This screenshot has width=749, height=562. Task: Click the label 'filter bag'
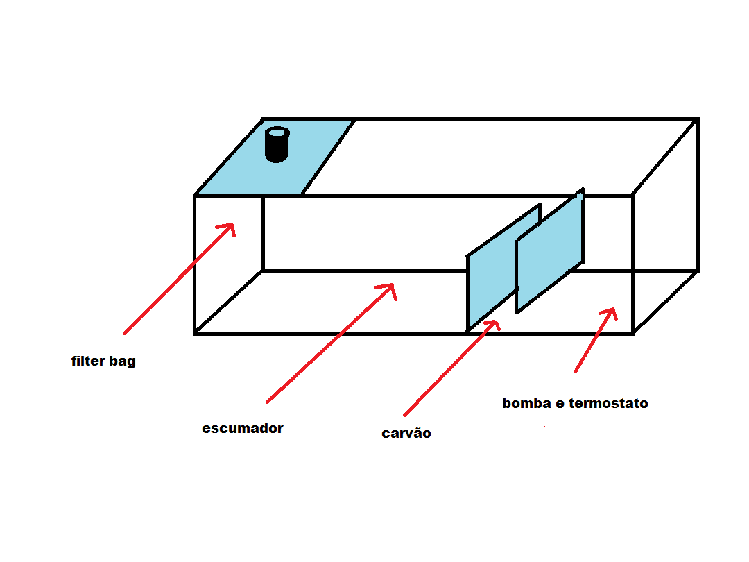[x=103, y=361]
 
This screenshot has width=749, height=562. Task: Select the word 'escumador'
[x=243, y=428]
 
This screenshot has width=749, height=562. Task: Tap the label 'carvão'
[x=406, y=434]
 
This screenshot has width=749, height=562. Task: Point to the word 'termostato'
[x=608, y=403]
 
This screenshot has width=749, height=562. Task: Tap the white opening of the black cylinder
[x=277, y=132]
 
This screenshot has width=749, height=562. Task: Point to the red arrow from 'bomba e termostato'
[x=594, y=340]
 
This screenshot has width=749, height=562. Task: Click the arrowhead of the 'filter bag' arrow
[x=229, y=229]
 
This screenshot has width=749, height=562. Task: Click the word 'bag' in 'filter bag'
[x=122, y=362]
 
